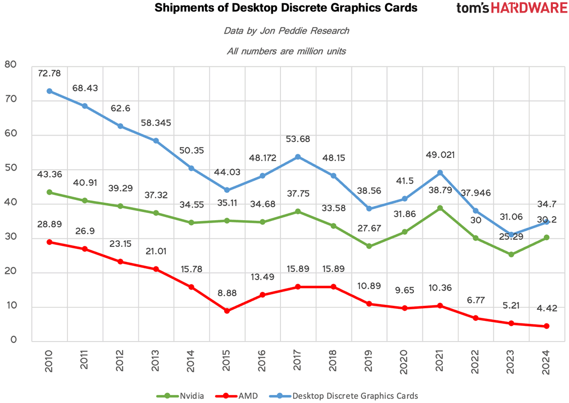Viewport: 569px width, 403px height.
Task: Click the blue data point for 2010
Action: (x=49, y=91)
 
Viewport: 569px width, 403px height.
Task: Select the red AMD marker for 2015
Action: (x=227, y=311)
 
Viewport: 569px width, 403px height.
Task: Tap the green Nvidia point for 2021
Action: (x=440, y=208)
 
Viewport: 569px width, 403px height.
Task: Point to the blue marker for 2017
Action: (x=298, y=157)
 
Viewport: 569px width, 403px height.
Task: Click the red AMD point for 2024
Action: (x=546, y=326)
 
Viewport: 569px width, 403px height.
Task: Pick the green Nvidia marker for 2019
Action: (x=369, y=246)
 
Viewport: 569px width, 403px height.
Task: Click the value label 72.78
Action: (x=49, y=74)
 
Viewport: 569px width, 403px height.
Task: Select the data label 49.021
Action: (x=440, y=155)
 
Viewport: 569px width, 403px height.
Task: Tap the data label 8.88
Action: (x=227, y=293)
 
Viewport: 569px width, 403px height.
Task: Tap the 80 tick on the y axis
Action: (x=11, y=64)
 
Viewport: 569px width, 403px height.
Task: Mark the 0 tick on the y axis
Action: (x=14, y=341)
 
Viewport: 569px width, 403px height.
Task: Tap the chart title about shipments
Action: (x=286, y=8)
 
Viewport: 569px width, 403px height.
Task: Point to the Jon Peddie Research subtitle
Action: (x=286, y=31)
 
